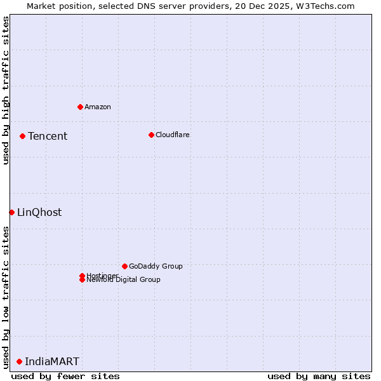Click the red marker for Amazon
[80, 107]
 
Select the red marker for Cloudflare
[151, 135]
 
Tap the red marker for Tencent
[22, 136]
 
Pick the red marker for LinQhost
[11, 212]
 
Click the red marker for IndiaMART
[19, 361]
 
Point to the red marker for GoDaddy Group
[124, 266]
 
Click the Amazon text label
[98, 107]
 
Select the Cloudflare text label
[173, 135]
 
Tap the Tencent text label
[48, 136]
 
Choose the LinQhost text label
[39, 212]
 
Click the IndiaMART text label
[52, 361]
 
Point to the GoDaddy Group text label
[156, 266]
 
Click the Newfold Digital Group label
[124, 280]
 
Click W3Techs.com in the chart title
[324, 6]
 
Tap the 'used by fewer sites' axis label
[65, 376]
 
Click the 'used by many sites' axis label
[319, 376]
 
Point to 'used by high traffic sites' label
[6, 91]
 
